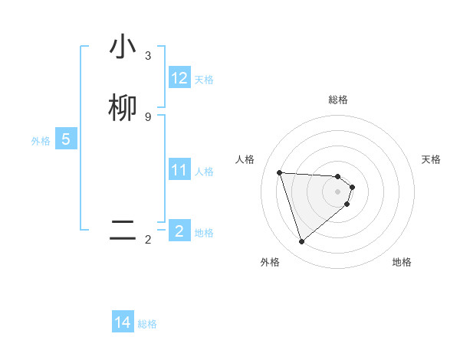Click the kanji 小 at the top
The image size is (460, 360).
coord(123,47)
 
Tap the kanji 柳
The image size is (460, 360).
coord(123,108)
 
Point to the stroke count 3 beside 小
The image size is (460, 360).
coord(148,56)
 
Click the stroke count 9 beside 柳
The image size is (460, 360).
coord(148,116)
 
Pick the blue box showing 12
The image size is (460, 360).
coord(179,78)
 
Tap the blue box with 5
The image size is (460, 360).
coord(66,139)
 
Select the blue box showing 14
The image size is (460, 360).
coord(123,322)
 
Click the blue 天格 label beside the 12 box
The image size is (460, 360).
coord(204,80)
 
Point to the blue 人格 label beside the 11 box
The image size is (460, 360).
coord(205,172)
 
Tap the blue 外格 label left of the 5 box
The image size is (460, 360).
coord(41,141)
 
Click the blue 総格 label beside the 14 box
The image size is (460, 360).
coord(147,324)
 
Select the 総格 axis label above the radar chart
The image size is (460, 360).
coord(338,100)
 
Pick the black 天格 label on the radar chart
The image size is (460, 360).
coord(432,159)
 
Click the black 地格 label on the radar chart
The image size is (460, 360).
coord(402,262)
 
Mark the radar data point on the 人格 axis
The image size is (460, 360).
coord(280,172)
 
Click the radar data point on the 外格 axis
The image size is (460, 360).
coord(302,242)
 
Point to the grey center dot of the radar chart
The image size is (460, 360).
coord(338,191)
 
